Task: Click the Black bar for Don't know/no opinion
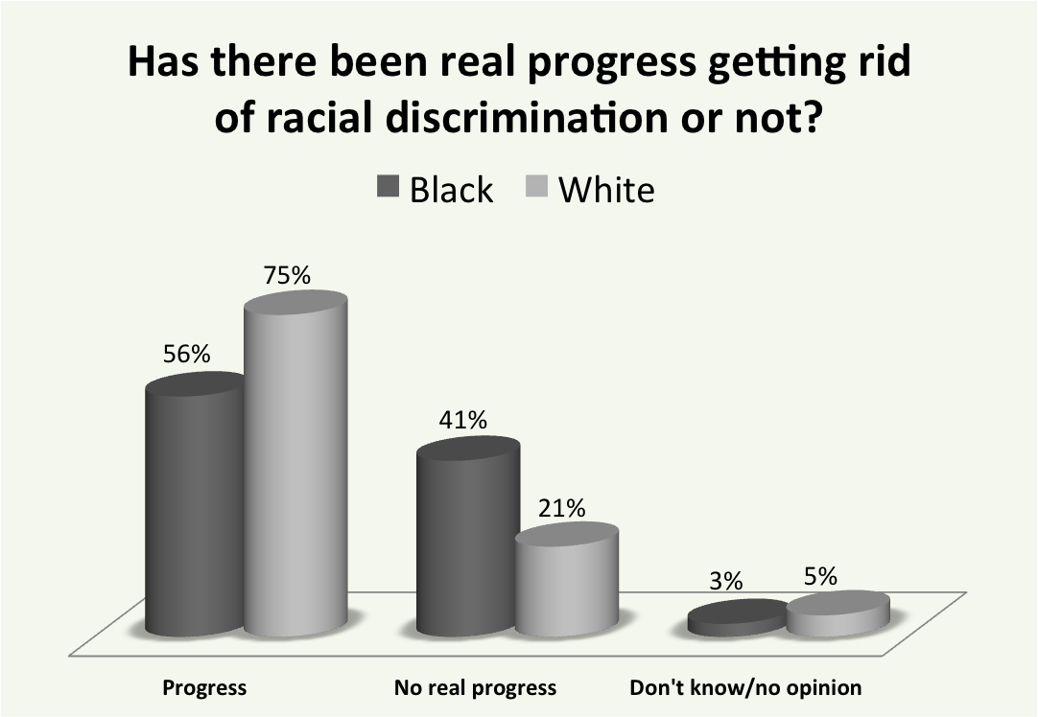[737, 618]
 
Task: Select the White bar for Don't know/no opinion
[837, 613]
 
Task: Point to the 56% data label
[185, 354]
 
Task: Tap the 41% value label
[464, 420]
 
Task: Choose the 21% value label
[561, 508]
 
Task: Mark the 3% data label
[727, 581]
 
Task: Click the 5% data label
[821, 577]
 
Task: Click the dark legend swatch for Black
[387, 189]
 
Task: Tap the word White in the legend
[606, 190]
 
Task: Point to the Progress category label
[204, 687]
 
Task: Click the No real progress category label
[475, 687]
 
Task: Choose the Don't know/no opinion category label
[745, 687]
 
